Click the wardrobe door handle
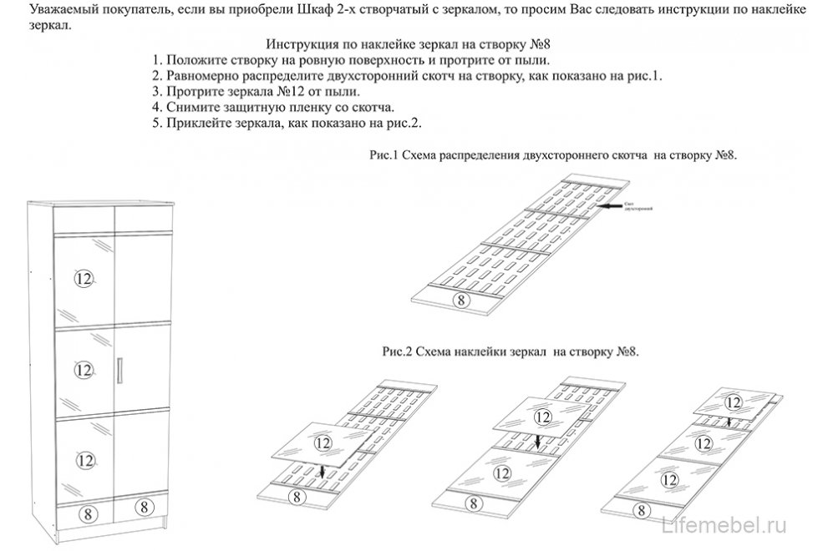click(x=122, y=368)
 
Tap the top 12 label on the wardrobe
click(x=83, y=279)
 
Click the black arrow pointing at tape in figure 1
click(x=610, y=204)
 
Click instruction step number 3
click(x=155, y=92)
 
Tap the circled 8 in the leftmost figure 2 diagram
click(x=294, y=496)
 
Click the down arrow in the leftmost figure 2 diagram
click(x=323, y=472)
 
